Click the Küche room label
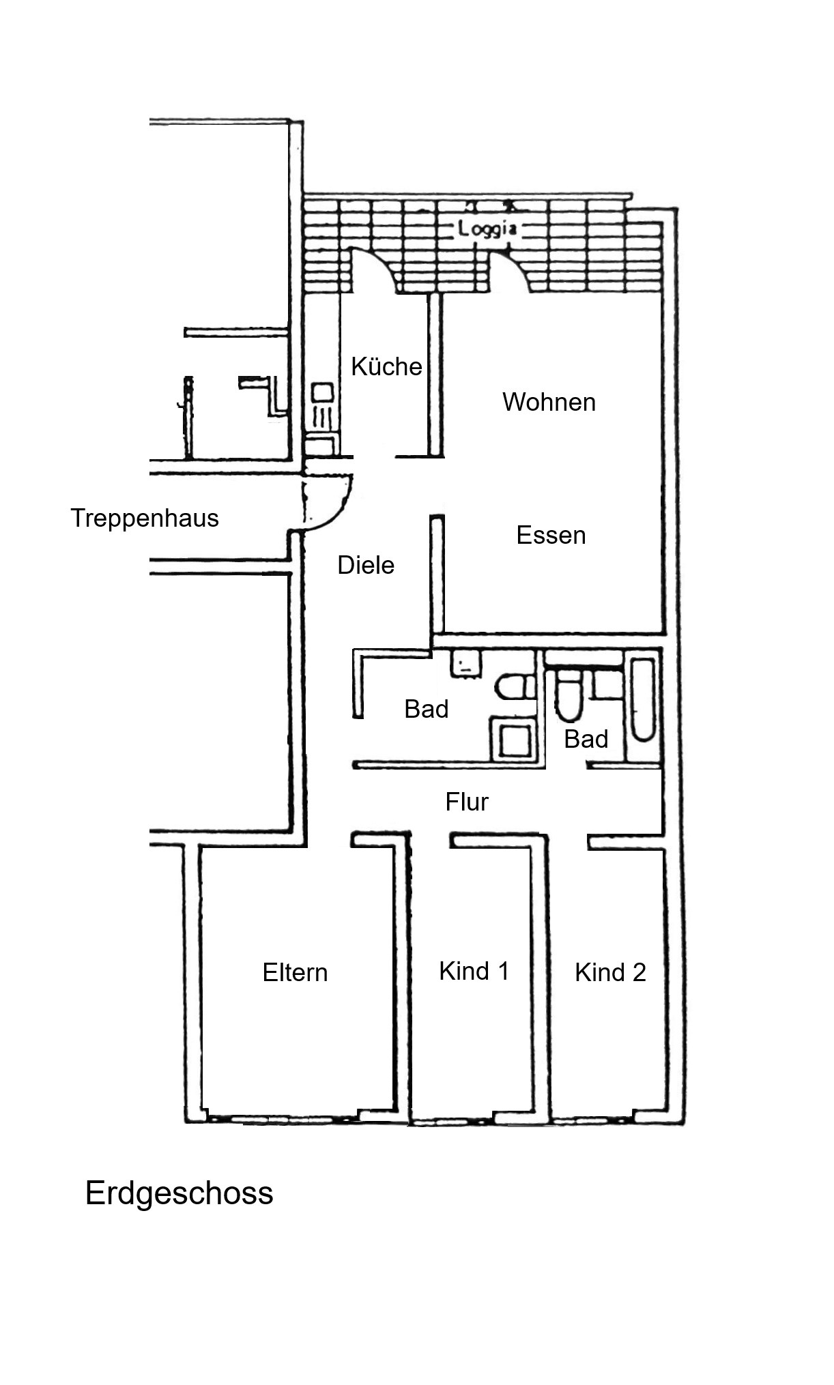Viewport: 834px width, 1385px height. point(386,367)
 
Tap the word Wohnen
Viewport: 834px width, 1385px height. point(549,402)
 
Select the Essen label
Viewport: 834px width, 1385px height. point(551,535)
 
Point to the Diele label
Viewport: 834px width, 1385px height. point(366,565)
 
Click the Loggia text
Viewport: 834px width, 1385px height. point(487,229)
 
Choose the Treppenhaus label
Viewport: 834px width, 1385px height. point(145,518)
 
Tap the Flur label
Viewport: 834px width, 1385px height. point(467,802)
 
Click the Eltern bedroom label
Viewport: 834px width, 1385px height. point(295,972)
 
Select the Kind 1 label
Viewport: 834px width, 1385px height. point(474,971)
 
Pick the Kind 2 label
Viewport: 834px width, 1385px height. point(610,972)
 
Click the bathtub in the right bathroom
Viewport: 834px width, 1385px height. point(643,699)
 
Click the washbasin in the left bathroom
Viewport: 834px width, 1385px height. point(465,664)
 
